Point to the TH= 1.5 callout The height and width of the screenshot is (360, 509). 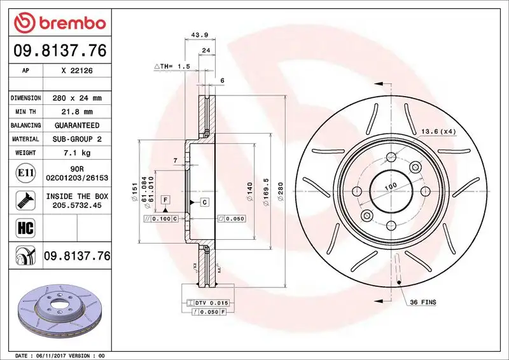(x=173, y=66)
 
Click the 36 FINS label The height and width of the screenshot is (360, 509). (x=423, y=303)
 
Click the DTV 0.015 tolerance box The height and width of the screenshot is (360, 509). (x=211, y=302)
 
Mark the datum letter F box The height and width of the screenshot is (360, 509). (x=165, y=200)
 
